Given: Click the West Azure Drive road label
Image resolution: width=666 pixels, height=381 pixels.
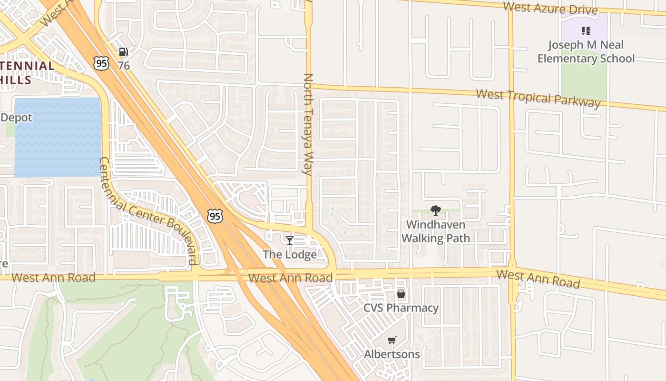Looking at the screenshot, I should pyautogui.click(x=550, y=8).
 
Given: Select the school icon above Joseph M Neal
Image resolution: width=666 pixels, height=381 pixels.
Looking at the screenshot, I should pyautogui.click(x=586, y=31).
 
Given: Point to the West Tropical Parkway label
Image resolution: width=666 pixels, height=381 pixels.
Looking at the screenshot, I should pyautogui.click(x=538, y=98).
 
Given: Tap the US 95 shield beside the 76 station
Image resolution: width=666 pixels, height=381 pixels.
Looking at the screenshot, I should pyautogui.click(x=101, y=63).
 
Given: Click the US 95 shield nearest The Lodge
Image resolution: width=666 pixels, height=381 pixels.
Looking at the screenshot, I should pyautogui.click(x=215, y=216).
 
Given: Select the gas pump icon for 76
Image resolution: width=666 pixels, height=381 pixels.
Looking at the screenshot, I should pyautogui.click(x=123, y=52).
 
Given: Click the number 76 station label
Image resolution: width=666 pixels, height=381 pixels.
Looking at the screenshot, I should pyautogui.click(x=124, y=65).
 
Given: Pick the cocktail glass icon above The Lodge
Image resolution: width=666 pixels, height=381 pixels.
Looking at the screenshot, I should pyautogui.click(x=289, y=241).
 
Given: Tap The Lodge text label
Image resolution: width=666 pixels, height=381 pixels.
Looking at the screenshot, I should pyautogui.click(x=290, y=254).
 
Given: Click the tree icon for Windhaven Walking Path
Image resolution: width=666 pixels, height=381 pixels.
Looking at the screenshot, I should pyautogui.click(x=435, y=211).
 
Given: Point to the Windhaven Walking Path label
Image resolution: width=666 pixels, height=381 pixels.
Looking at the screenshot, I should pyautogui.click(x=436, y=231).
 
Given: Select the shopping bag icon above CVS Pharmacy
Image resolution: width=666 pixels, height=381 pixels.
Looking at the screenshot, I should pyautogui.click(x=401, y=294).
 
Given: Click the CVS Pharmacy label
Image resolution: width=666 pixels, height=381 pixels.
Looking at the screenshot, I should pyautogui.click(x=401, y=308).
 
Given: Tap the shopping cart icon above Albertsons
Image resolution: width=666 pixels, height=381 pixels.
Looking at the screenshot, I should pyautogui.click(x=392, y=341).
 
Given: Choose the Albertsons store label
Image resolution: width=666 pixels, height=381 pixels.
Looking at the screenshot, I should pyautogui.click(x=392, y=354).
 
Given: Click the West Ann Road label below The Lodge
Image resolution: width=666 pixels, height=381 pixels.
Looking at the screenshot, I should pyautogui.click(x=290, y=278).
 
